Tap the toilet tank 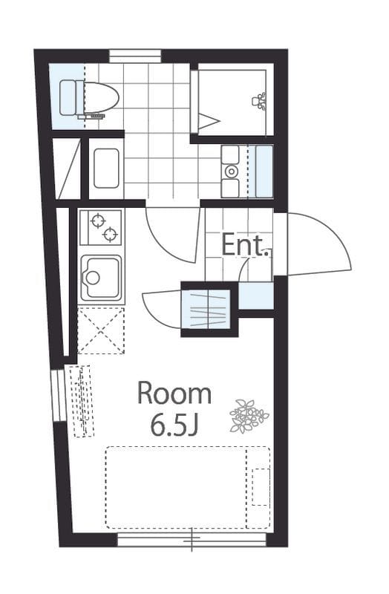(68, 97)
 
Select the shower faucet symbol (259, 101)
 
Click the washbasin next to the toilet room (106, 169)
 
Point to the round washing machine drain (230, 172)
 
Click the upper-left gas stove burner (98, 221)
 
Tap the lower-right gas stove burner (110, 235)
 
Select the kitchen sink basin (101, 278)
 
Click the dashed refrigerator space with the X (101, 330)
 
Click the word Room (174, 394)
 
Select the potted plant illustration (249, 416)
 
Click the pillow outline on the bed (261, 487)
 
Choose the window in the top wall (136, 56)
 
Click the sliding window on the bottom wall (192, 540)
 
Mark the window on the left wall (59, 396)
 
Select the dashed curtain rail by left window (82, 401)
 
